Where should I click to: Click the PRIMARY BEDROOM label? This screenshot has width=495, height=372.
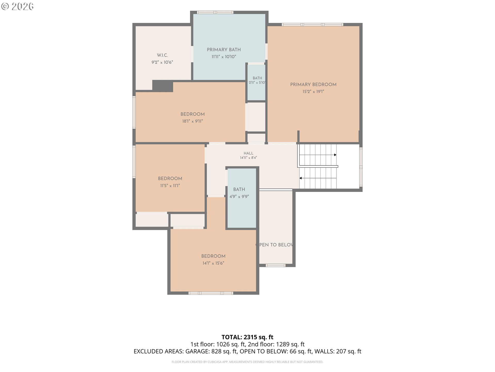[x=313, y=84]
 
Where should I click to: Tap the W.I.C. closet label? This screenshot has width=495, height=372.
[x=162, y=55]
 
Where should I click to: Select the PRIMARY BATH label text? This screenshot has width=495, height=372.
[x=224, y=50]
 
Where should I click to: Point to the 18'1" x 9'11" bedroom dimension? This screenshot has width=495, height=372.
[x=193, y=121]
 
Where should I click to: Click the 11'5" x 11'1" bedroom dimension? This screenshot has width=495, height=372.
[x=170, y=185]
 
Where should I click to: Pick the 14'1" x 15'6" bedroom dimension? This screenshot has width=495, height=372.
[x=213, y=263]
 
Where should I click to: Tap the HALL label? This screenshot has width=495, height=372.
[x=249, y=153]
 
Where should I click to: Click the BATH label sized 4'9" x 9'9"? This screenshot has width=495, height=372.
[x=239, y=189]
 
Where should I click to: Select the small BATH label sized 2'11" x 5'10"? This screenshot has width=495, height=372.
[x=257, y=78]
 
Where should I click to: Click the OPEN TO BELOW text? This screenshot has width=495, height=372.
[x=274, y=245]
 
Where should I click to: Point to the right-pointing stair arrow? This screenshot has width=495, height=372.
[x=318, y=155]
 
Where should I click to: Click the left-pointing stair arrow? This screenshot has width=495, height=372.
[x=318, y=178]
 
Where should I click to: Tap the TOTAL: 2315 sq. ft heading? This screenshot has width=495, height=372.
[x=247, y=337]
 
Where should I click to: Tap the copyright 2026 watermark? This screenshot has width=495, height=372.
[x=17, y=6]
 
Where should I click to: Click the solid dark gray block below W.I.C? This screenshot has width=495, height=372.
[x=162, y=86]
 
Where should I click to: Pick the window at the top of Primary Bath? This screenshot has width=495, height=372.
[x=215, y=12]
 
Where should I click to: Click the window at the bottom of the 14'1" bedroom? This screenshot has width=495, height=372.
[x=211, y=293]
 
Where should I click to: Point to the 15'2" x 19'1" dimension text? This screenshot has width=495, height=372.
[x=313, y=91]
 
